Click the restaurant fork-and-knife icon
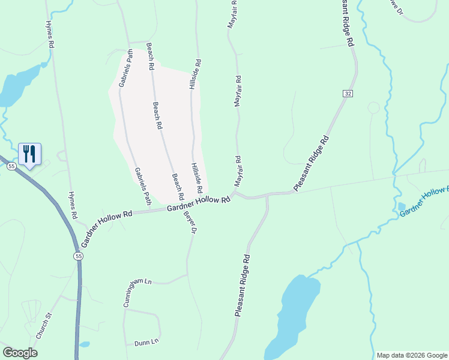[x=29, y=154]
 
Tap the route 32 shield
[x=348, y=94]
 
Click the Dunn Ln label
[x=146, y=342]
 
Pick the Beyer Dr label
[x=190, y=220]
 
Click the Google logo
[x=20, y=353]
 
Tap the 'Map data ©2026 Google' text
[x=412, y=355]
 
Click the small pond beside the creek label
[x=401, y=207]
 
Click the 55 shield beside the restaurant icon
[x=11, y=166]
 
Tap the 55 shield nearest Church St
[x=78, y=256]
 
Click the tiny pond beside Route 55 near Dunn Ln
[x=85, y=345]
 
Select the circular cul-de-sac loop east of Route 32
[x=373, y=108]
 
